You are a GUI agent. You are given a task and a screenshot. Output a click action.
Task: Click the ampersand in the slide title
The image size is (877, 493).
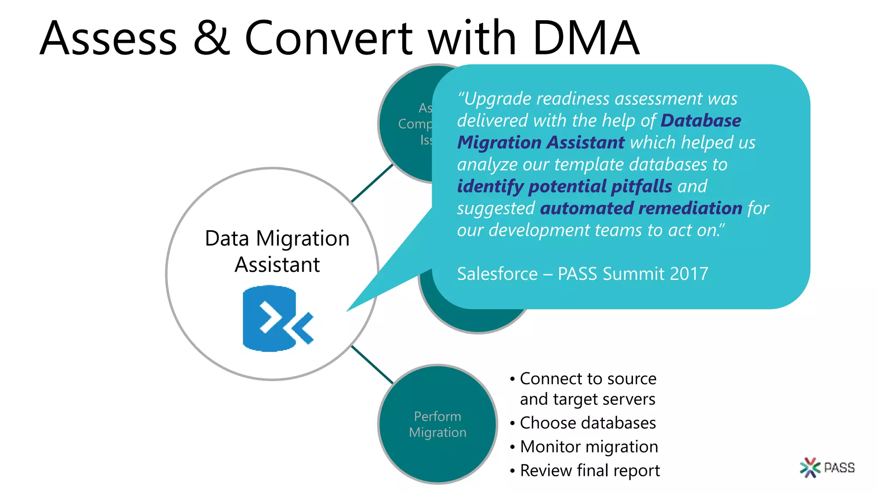[x=212, y=39]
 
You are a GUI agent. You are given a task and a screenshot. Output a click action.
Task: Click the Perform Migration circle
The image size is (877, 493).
[x=437, y=424]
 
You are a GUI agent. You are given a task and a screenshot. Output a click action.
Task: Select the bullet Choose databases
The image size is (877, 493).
[x=588, y=423]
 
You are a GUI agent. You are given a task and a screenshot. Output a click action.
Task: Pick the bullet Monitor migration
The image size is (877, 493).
[x=589, y=447]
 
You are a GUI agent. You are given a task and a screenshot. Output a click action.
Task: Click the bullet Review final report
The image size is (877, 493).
[x=590, y=470]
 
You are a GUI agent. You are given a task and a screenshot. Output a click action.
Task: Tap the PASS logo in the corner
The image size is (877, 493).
[x=827, y=467]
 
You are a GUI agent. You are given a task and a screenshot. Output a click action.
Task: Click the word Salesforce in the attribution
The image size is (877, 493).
[x=497, y=274]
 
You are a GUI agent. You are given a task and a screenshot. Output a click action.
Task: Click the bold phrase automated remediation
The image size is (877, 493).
[x=641, y=208]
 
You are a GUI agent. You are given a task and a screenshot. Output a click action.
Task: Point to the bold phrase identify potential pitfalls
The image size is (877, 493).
[x=564, y=187]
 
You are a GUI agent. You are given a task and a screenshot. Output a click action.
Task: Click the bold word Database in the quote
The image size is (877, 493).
[x=701, y=121]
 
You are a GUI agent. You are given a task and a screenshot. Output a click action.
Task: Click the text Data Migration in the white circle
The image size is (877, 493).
[x=277, y=238]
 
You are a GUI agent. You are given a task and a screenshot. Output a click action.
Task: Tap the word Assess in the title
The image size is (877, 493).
[x=108, y=39]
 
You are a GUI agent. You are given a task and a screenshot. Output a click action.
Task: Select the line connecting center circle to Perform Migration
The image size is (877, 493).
[x=372, y=365]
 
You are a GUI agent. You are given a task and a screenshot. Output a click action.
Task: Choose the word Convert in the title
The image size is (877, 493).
[x=328, y=39]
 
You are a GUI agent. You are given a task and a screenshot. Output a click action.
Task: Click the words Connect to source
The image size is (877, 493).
[x=588, y=379]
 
